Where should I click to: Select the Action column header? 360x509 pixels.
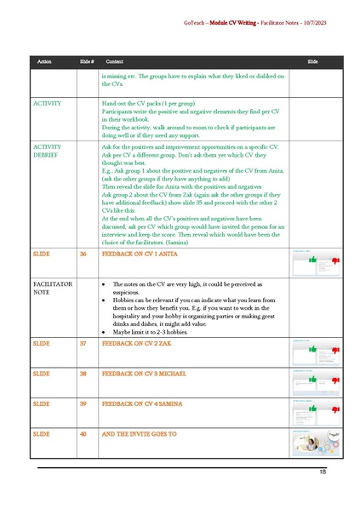click(44, 62)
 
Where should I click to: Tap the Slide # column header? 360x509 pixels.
click(86, 62)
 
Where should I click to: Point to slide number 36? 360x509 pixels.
click(83, 230)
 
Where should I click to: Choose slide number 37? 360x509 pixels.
click(83, 343)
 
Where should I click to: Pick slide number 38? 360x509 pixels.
click(83, 373)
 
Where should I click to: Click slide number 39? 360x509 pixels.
click(83, 403)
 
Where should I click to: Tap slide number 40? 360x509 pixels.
click(83, 433)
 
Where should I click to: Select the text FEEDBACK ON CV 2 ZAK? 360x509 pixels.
click(134, 343)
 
